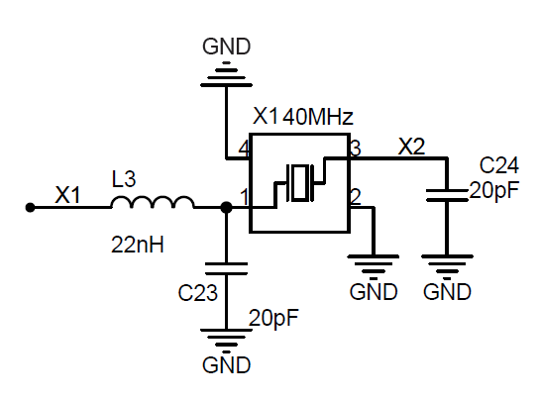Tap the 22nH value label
[x=138, y=245]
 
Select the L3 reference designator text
[x=124, y=179]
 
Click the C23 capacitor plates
[x=226, y=268]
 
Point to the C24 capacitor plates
[x=447, y=195]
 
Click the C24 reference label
[x=498, y=165]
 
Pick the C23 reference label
[x=197, y=293]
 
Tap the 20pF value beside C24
[x=494, y=191]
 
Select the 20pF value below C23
[x=273, y=318]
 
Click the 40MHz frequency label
[x=318, y=117]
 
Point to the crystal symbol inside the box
[x=300, y=182]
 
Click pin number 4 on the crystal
[x=244, y=150]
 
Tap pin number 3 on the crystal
[x=356, y=149]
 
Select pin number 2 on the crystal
[x=356, y=197]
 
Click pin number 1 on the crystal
[x=244, y=197]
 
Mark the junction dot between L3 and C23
[x=226, y=208]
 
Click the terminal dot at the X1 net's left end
[x=31, y=208]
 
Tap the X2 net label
[x=411, y=147]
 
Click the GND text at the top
[x=227, y=47]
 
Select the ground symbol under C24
[x=447, y=266]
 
